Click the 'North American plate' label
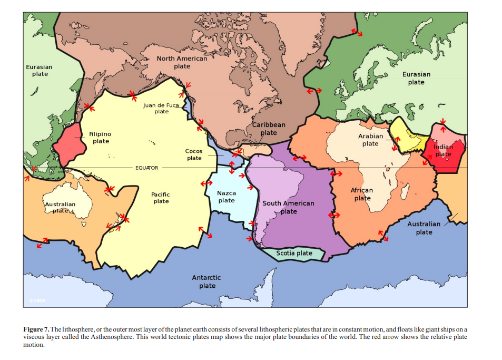coord(182,62)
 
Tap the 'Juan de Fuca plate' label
coord(161,108)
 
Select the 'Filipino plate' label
coord(100,138)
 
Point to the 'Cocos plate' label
coord(194,154)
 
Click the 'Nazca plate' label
coord(227,197)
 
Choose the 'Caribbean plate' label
coord(269,129)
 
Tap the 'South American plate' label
coord(288,207)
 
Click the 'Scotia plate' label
coord(294,253)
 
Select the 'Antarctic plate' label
coord(207,281)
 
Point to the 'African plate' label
coord(362,194)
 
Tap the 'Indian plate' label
coord(443,150)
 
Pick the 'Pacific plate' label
coord(161,198)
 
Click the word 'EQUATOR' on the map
coord(146,168)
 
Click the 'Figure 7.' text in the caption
coord(36,329)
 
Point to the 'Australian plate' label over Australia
coord(60,207)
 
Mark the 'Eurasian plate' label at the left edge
coord(39,70)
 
